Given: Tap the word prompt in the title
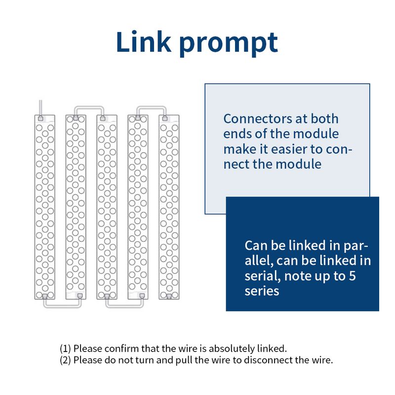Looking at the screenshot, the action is point(229,43).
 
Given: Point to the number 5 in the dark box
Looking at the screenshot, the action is point(352,276).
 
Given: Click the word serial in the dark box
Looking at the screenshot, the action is point(263,276).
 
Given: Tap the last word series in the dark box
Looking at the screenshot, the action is point(262,291).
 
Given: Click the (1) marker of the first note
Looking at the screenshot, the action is point(65,349).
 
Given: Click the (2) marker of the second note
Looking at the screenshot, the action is point(65,360).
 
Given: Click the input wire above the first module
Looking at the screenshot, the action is point(40,108).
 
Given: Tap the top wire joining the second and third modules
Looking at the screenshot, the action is point(89,108).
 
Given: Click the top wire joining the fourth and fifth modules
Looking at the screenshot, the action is point(152,108).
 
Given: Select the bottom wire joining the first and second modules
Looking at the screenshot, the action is point(62,306).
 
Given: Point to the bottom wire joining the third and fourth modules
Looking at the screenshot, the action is point(124,306).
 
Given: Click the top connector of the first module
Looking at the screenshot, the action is point(40,118).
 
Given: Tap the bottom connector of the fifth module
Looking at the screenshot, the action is point(169,296).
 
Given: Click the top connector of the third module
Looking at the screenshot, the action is point(103,118).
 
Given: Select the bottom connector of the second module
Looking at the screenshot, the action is point(80,296).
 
